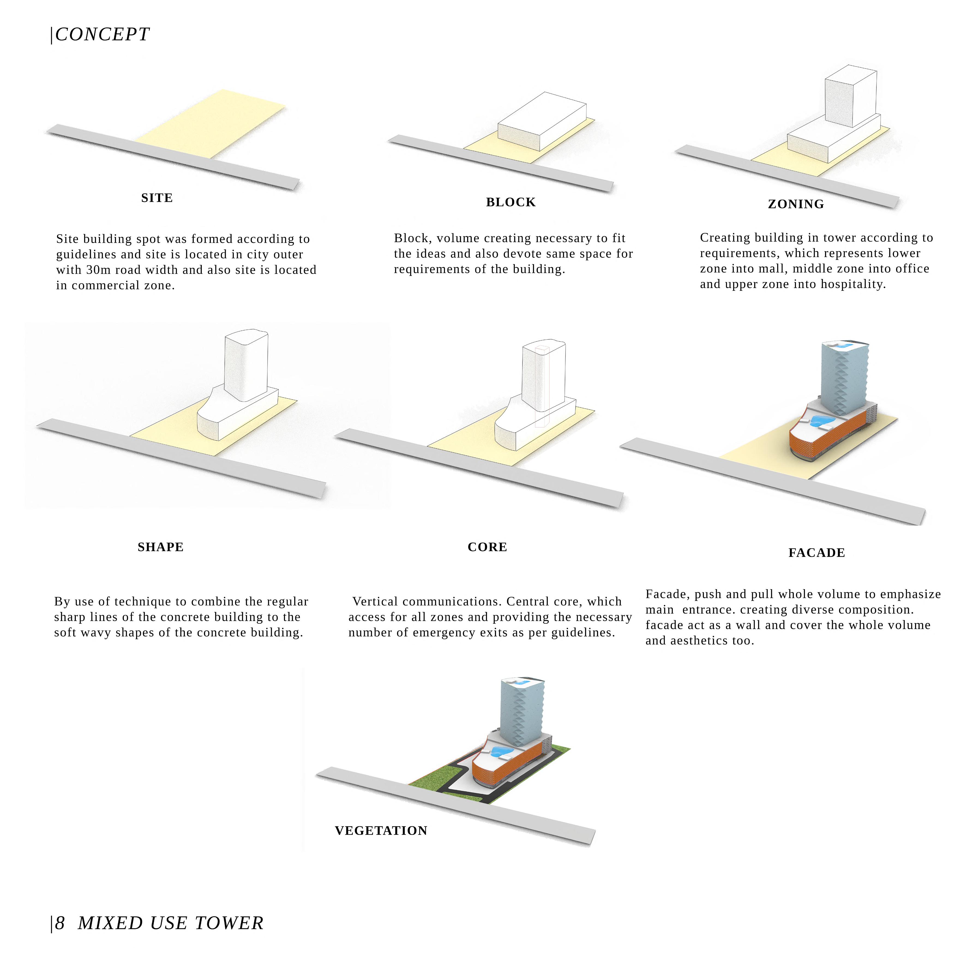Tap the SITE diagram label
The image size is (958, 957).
click(x=157, y=198)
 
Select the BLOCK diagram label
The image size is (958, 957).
click(x=511, y=202)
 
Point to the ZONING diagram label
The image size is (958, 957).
click(x=796, y=204)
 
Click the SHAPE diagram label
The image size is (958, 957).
click(x=160, y=547)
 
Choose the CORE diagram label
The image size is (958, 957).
click(x=487, y=547)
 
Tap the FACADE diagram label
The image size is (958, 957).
click(x=816, y=553)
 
